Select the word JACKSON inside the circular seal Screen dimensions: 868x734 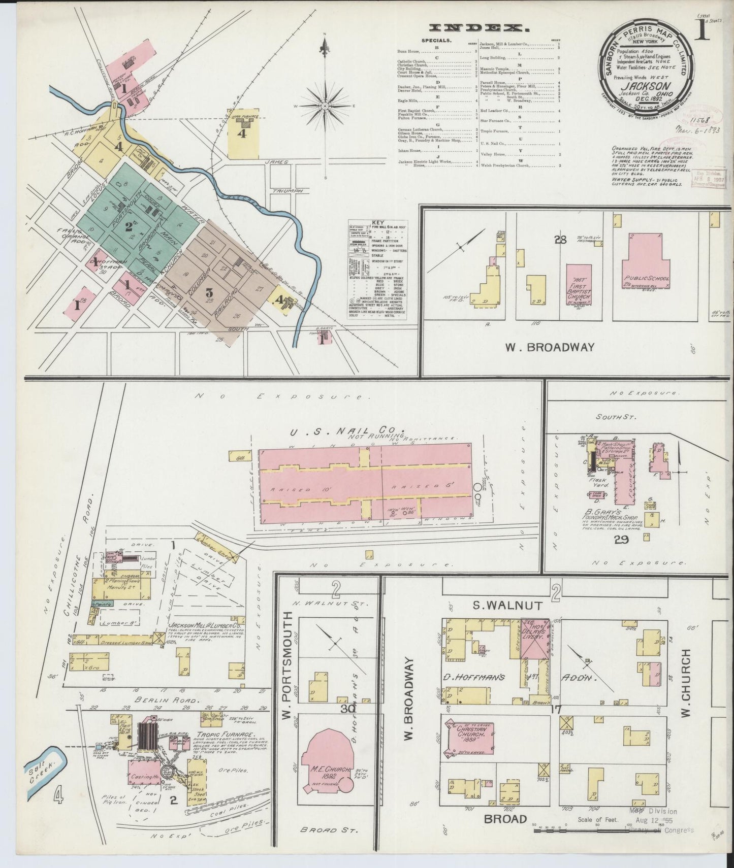pyautogui.click(x=644, y=86)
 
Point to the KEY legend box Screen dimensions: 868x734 pyautogui.click(x=377, y=270)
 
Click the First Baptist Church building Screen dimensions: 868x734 pyautogui.click(x=579, y=287)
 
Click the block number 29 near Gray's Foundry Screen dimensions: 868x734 pyautogui.click(x=621, y=539)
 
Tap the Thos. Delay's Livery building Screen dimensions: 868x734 pyautogui.click(x=536, y=639)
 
